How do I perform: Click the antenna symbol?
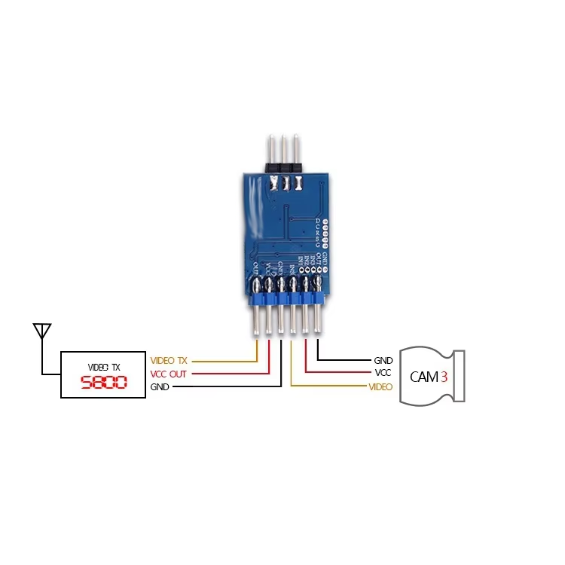pyautogui.click(x=42, y=331)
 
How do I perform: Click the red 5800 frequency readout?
pyautogui.click(x=103, y=383)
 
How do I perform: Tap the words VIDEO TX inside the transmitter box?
pyautogui.click(x=103, y=366)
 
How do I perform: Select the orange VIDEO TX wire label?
pyautogui.click(x=169, y=360)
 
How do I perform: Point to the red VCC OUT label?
pyautogui.click(x=169, y=374)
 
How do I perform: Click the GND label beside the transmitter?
pyautogui.click(x=160, y=386)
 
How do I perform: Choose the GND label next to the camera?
pyautogui.click(x=383, y=361)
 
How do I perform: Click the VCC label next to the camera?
pyautogui.click(x=383, y=373)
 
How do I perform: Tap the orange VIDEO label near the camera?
pyautogui.click(x=380, y=386)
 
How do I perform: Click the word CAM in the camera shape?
pyautogui.click(x=423, y=376)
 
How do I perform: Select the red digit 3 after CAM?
pyautogui.click(x=444, y=376)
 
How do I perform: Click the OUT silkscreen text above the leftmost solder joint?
pyautogui.click(x=256, y=268)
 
